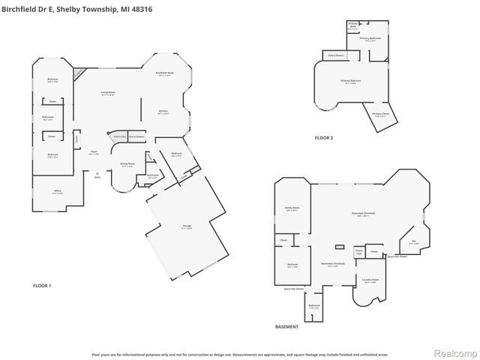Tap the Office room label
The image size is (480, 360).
click(58, 192)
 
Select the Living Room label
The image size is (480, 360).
click(109, 93)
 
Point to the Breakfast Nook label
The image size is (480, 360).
click(164, 73)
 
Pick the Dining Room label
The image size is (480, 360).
click(127, 164)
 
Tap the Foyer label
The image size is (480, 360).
click(94, 152)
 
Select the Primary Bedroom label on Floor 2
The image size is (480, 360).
click(351, 80)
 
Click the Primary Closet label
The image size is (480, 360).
click(379, 115)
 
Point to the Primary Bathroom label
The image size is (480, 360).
click(371, 38)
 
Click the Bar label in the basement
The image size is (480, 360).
click(413, 241)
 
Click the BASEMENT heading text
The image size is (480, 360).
click(286, 327)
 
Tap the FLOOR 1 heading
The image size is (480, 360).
click(42, 286)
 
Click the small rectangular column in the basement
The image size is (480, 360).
click(340, 246)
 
